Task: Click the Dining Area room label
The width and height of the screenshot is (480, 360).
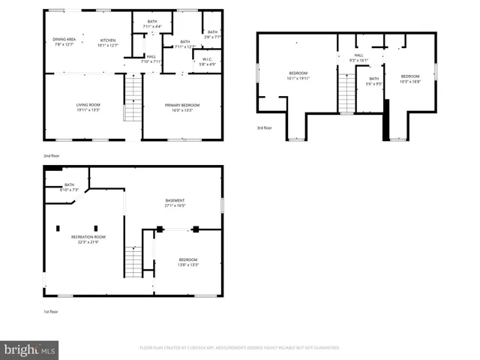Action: [x=64, y=41]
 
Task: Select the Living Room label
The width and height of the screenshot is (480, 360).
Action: [x=88, y=107]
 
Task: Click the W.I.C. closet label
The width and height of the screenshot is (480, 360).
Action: [x=207, y=61]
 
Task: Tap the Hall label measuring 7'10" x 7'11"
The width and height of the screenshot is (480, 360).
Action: [x=151, y=59]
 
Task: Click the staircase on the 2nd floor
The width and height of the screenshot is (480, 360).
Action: [x=132, y=100]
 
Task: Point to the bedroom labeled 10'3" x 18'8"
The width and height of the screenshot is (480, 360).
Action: [x=410, y=78]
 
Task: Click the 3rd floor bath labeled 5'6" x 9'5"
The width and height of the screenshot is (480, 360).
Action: [x=374, y=81]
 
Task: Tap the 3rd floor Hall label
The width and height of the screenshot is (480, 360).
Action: [x=358, y=58]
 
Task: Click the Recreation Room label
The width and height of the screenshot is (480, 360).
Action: [x=85, y=239]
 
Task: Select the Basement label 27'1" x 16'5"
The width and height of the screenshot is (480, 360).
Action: [x=175, y=202]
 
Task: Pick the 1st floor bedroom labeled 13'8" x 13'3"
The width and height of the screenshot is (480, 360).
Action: [x=187, y=262]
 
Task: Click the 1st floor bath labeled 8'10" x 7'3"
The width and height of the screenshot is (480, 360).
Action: [x=69, y=187]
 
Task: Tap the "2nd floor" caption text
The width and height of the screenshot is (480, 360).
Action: [x=52, y=156]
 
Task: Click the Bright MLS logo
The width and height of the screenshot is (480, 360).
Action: [x=30, y=349]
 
